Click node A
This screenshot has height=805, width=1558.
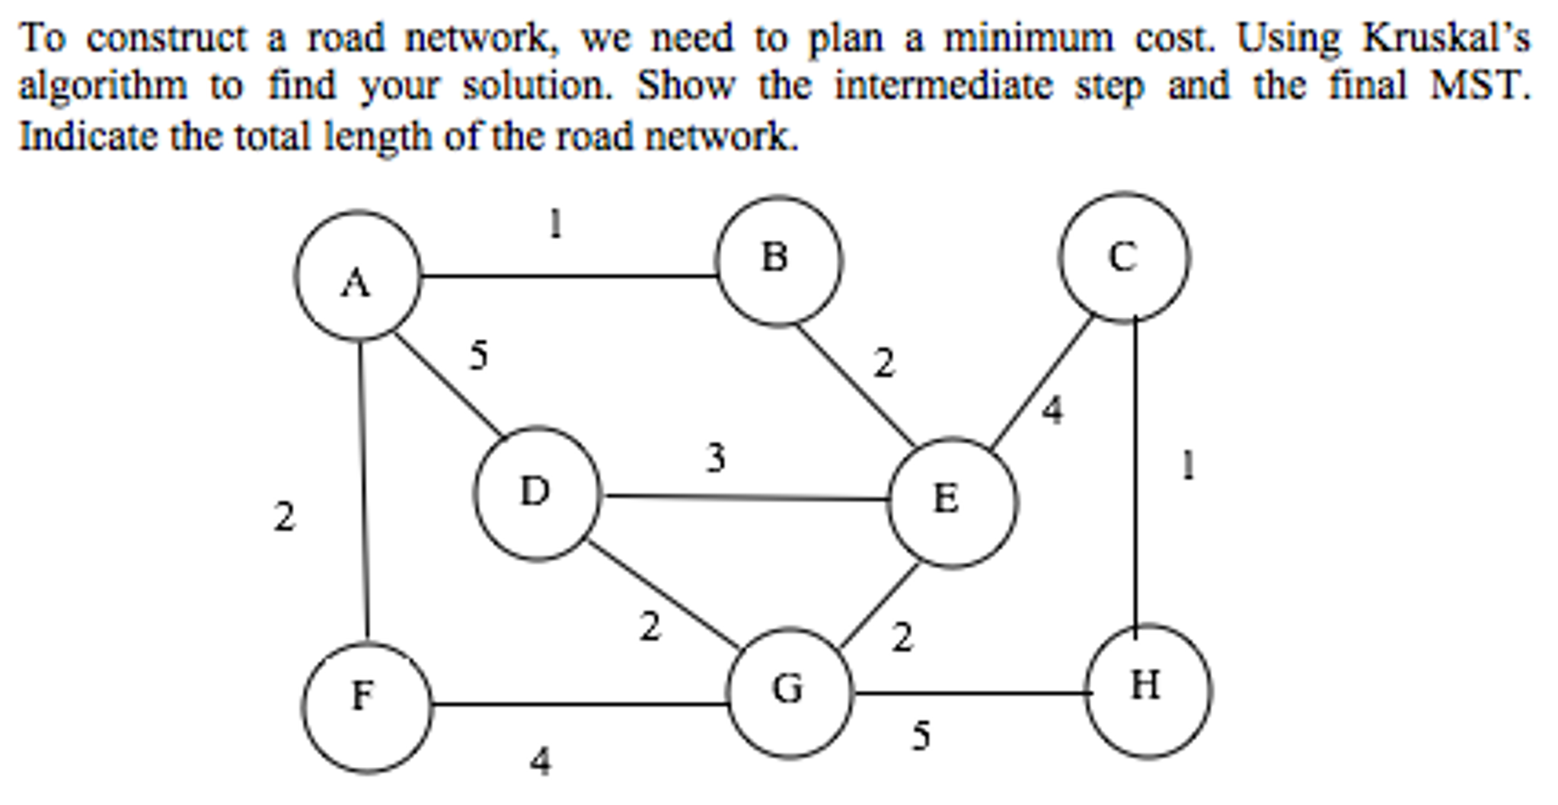coord(358,276)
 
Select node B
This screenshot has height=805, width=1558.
coord(779,260)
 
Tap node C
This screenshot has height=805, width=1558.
coord(1123,257)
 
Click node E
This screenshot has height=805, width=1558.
coord(952,502)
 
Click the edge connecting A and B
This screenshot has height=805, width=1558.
coord(567,276)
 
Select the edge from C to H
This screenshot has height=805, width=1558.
coord(1135,472)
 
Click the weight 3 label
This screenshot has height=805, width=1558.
coord(715,458)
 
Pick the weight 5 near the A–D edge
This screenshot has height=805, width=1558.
coord(478,356)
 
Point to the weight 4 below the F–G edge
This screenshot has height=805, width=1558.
coord(540,760)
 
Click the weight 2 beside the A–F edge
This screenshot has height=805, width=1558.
coord(284,517)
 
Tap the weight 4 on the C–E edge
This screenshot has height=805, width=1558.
coord(1052,410)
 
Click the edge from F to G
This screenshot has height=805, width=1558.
coord(579,704)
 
